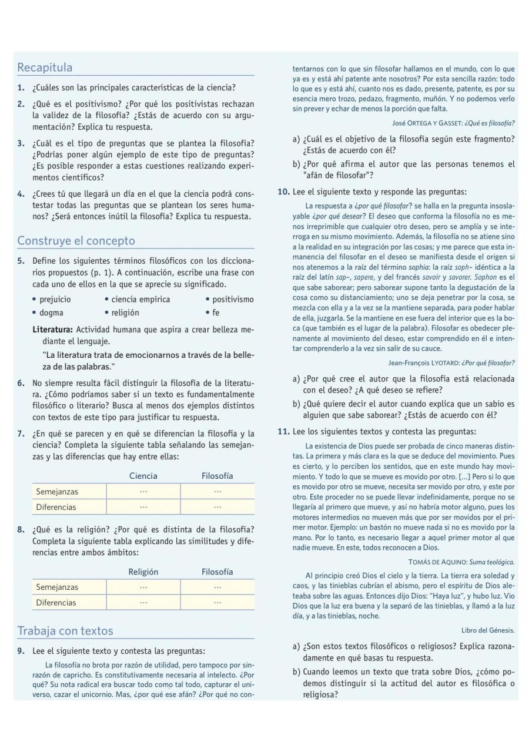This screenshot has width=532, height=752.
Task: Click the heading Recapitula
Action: coord(45,68)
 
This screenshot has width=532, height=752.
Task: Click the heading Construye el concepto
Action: coord(76,241)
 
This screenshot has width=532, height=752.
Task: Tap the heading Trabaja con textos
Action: coord(65,631)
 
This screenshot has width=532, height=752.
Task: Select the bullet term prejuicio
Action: coord(55,300)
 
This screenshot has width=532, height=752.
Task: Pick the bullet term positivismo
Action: coord(233,300)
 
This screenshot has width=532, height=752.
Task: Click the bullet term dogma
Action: coord(51,313)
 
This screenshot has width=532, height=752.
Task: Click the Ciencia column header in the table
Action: coord(143,476)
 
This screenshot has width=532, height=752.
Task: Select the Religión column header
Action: coord(143,572)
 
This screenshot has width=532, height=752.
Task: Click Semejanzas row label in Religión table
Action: coord(57,587)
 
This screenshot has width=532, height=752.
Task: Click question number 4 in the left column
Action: coord(21,194)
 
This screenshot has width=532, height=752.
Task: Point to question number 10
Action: coord(283,192)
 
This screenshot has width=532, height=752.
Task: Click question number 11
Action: coord(283,432)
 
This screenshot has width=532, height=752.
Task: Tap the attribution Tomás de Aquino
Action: coord(441,562)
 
